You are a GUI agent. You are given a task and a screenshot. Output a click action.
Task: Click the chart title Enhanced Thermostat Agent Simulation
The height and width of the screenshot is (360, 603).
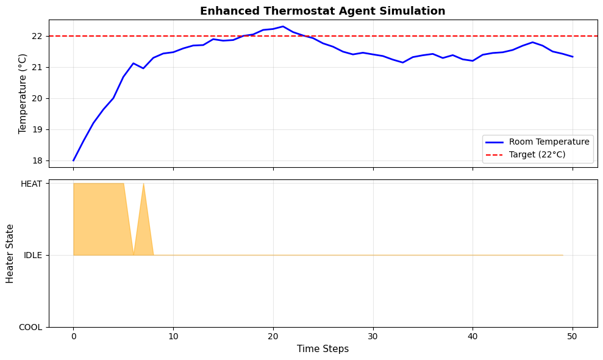pyautogui.click(x=323, y=11)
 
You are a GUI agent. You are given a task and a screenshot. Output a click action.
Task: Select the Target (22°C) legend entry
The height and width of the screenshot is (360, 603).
pyautogui.click(x=537, y=154)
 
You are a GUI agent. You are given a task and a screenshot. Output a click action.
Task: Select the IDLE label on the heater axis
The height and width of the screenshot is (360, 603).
pyautogui.click(x=33, y=255)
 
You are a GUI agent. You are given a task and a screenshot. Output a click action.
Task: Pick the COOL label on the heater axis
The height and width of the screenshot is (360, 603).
pyautogui.click(x=30, y=327)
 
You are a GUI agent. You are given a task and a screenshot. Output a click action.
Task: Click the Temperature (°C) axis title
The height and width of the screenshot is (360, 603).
pyautogui.click(x=23, y=93)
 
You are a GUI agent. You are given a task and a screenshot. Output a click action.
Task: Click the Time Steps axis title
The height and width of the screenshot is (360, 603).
pyautogui.click(x=323, y=349)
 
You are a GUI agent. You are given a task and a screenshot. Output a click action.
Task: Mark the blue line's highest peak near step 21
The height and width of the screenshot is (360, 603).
pyautogui.click(x=283, y=27)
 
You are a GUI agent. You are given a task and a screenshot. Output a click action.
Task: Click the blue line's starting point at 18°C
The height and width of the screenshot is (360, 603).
pyautogui.click(x=73, y=160)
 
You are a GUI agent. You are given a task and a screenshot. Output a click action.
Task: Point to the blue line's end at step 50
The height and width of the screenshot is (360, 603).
pyautogui.click(x=573, y=57)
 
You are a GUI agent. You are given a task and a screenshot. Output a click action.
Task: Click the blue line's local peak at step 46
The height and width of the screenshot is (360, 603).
pyautogui.click(x=532, y=42)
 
